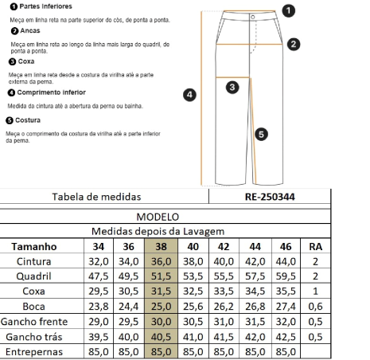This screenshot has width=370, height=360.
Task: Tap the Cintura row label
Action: (34, 261)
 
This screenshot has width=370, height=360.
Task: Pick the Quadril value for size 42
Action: (224, 276)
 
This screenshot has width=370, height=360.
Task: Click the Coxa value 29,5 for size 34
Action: (98, 292)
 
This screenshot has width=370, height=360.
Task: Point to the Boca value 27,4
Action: (287, 307)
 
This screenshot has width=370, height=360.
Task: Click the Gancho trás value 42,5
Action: (287, 337)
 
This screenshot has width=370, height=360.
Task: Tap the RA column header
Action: (316, 247)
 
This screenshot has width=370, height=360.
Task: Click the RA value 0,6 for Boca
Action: (316, 307)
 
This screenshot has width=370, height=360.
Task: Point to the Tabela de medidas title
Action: (95, 197)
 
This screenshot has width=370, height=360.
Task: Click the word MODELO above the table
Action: (158, 217)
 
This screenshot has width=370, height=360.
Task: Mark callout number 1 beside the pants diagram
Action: (288, 10)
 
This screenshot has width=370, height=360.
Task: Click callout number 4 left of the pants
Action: (189, 95)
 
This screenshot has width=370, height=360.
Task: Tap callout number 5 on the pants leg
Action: (261, 134)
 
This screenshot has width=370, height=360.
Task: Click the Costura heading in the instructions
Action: (29, 120)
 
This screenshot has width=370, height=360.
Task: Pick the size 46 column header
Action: (287, 247)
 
